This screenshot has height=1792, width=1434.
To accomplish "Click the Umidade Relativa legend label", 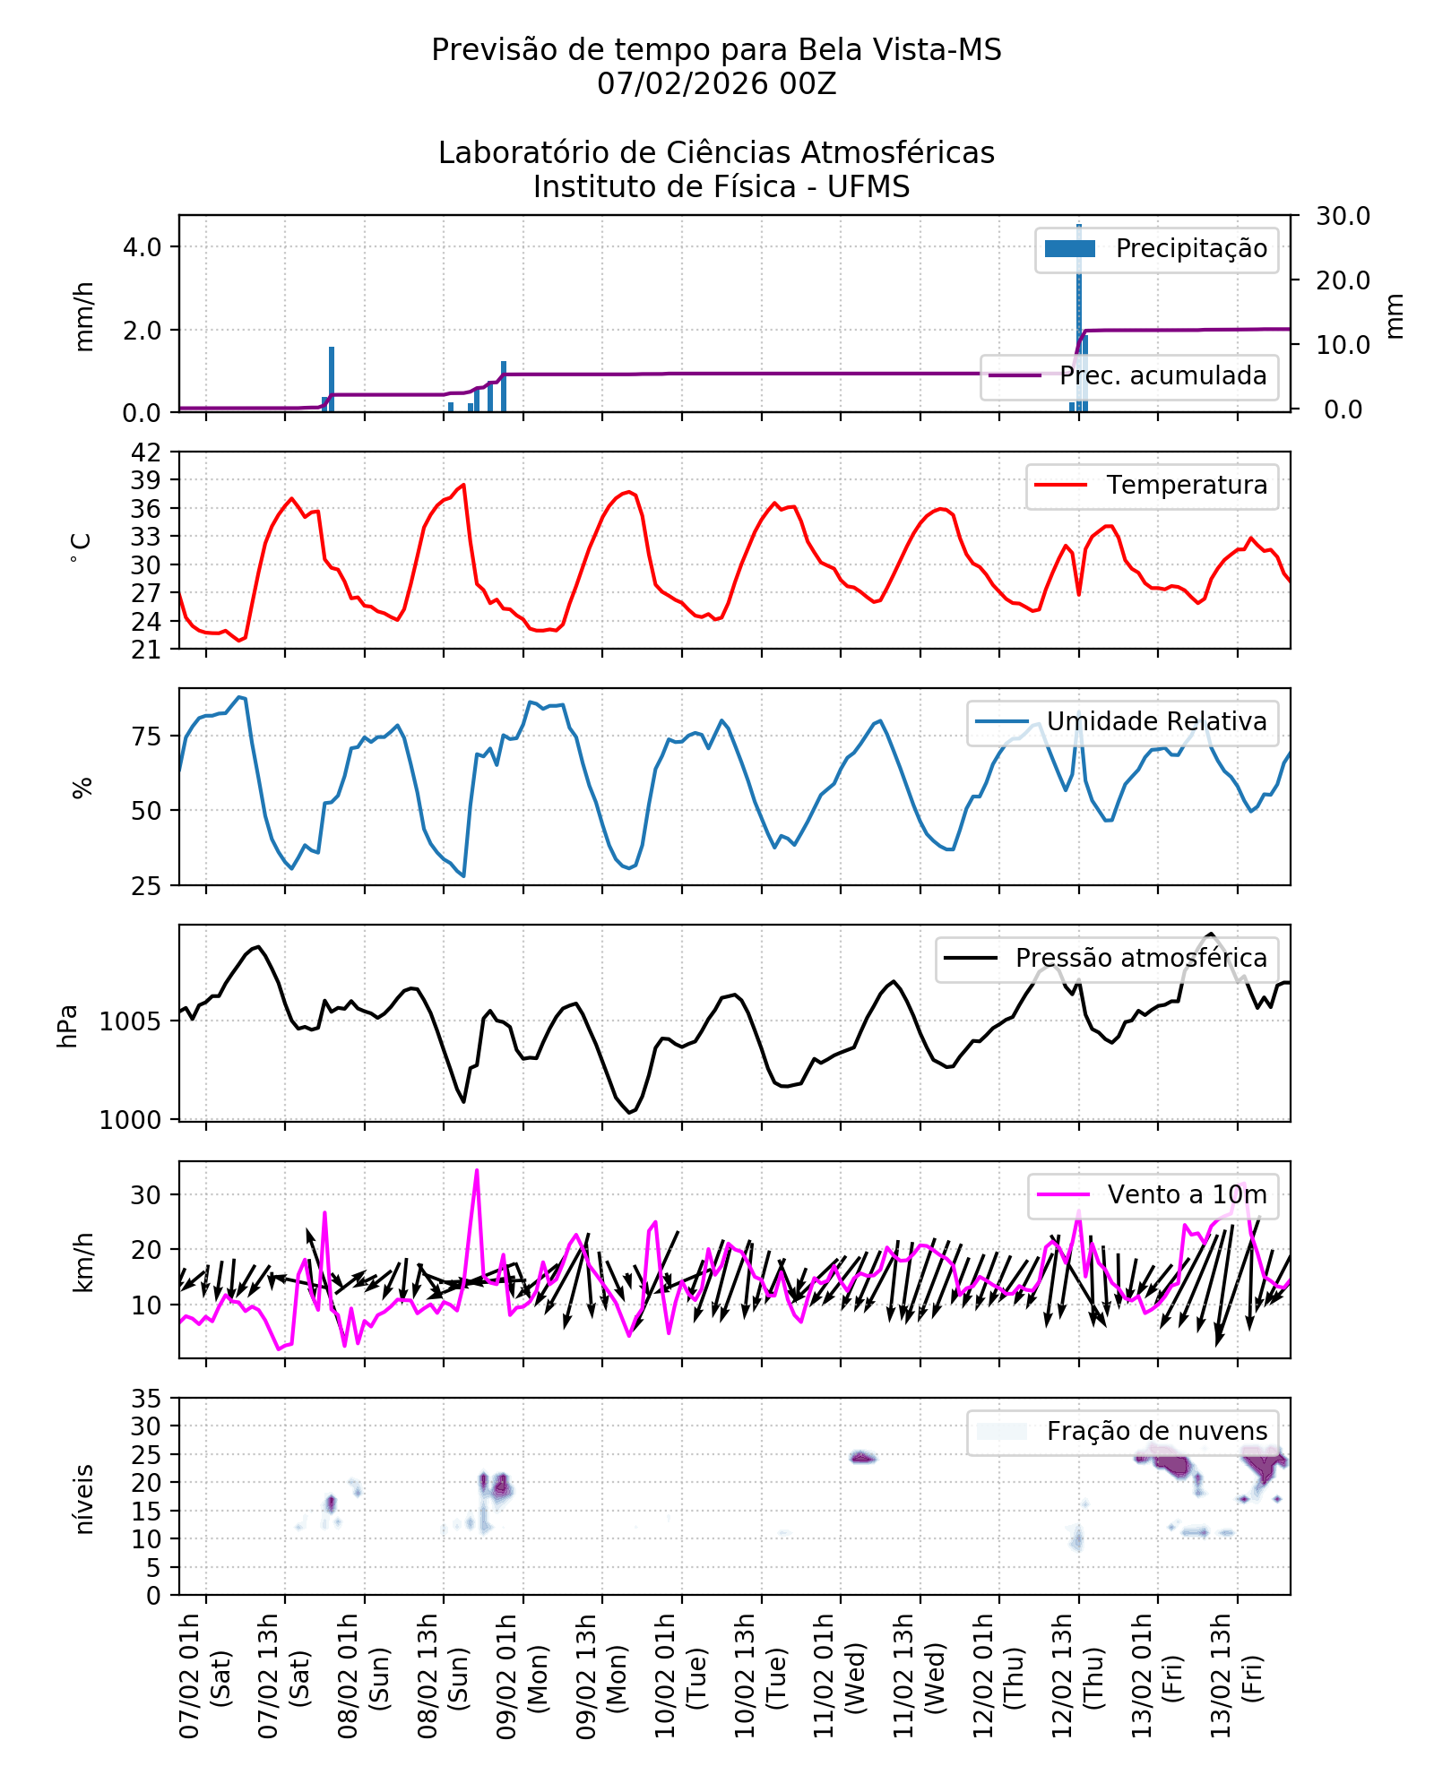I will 1156,722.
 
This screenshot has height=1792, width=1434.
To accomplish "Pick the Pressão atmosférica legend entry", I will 1140,959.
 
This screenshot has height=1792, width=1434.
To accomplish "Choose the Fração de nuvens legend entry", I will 1156,1432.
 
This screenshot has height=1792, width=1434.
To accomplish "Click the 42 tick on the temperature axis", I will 146,452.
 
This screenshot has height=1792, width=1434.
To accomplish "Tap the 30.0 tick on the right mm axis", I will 1343,216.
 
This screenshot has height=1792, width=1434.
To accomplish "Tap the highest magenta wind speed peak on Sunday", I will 477,1171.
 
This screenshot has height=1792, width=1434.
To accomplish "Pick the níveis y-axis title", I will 84,1500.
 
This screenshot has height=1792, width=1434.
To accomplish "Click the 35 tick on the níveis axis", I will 146,1399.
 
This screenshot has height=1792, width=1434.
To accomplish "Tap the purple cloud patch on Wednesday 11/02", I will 862,1458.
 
